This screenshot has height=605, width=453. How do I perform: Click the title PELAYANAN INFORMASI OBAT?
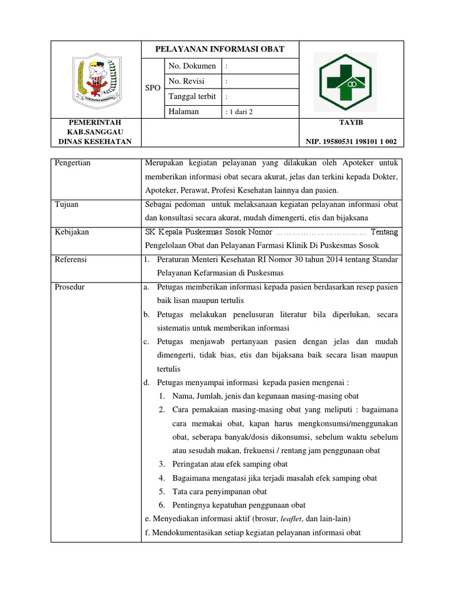[219, 49]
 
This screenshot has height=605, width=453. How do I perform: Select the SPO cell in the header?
[153, 87]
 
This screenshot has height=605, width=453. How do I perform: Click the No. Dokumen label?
[192, 66]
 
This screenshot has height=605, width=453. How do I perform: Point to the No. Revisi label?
[188, 81]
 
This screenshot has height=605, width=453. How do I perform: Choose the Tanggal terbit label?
[192, 96]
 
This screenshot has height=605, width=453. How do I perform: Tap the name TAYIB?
[351, 122]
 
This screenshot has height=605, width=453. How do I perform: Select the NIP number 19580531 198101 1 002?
[351, 141]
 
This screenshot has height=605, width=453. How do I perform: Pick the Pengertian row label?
[73, 163]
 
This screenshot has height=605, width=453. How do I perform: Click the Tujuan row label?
[67, 204]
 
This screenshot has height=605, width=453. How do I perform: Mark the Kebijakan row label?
[71, 232]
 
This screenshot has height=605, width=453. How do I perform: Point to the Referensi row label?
[71, 259]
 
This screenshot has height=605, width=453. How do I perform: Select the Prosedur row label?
[70, 287]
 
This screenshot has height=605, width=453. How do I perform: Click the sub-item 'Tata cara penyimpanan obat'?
[219, 492]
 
